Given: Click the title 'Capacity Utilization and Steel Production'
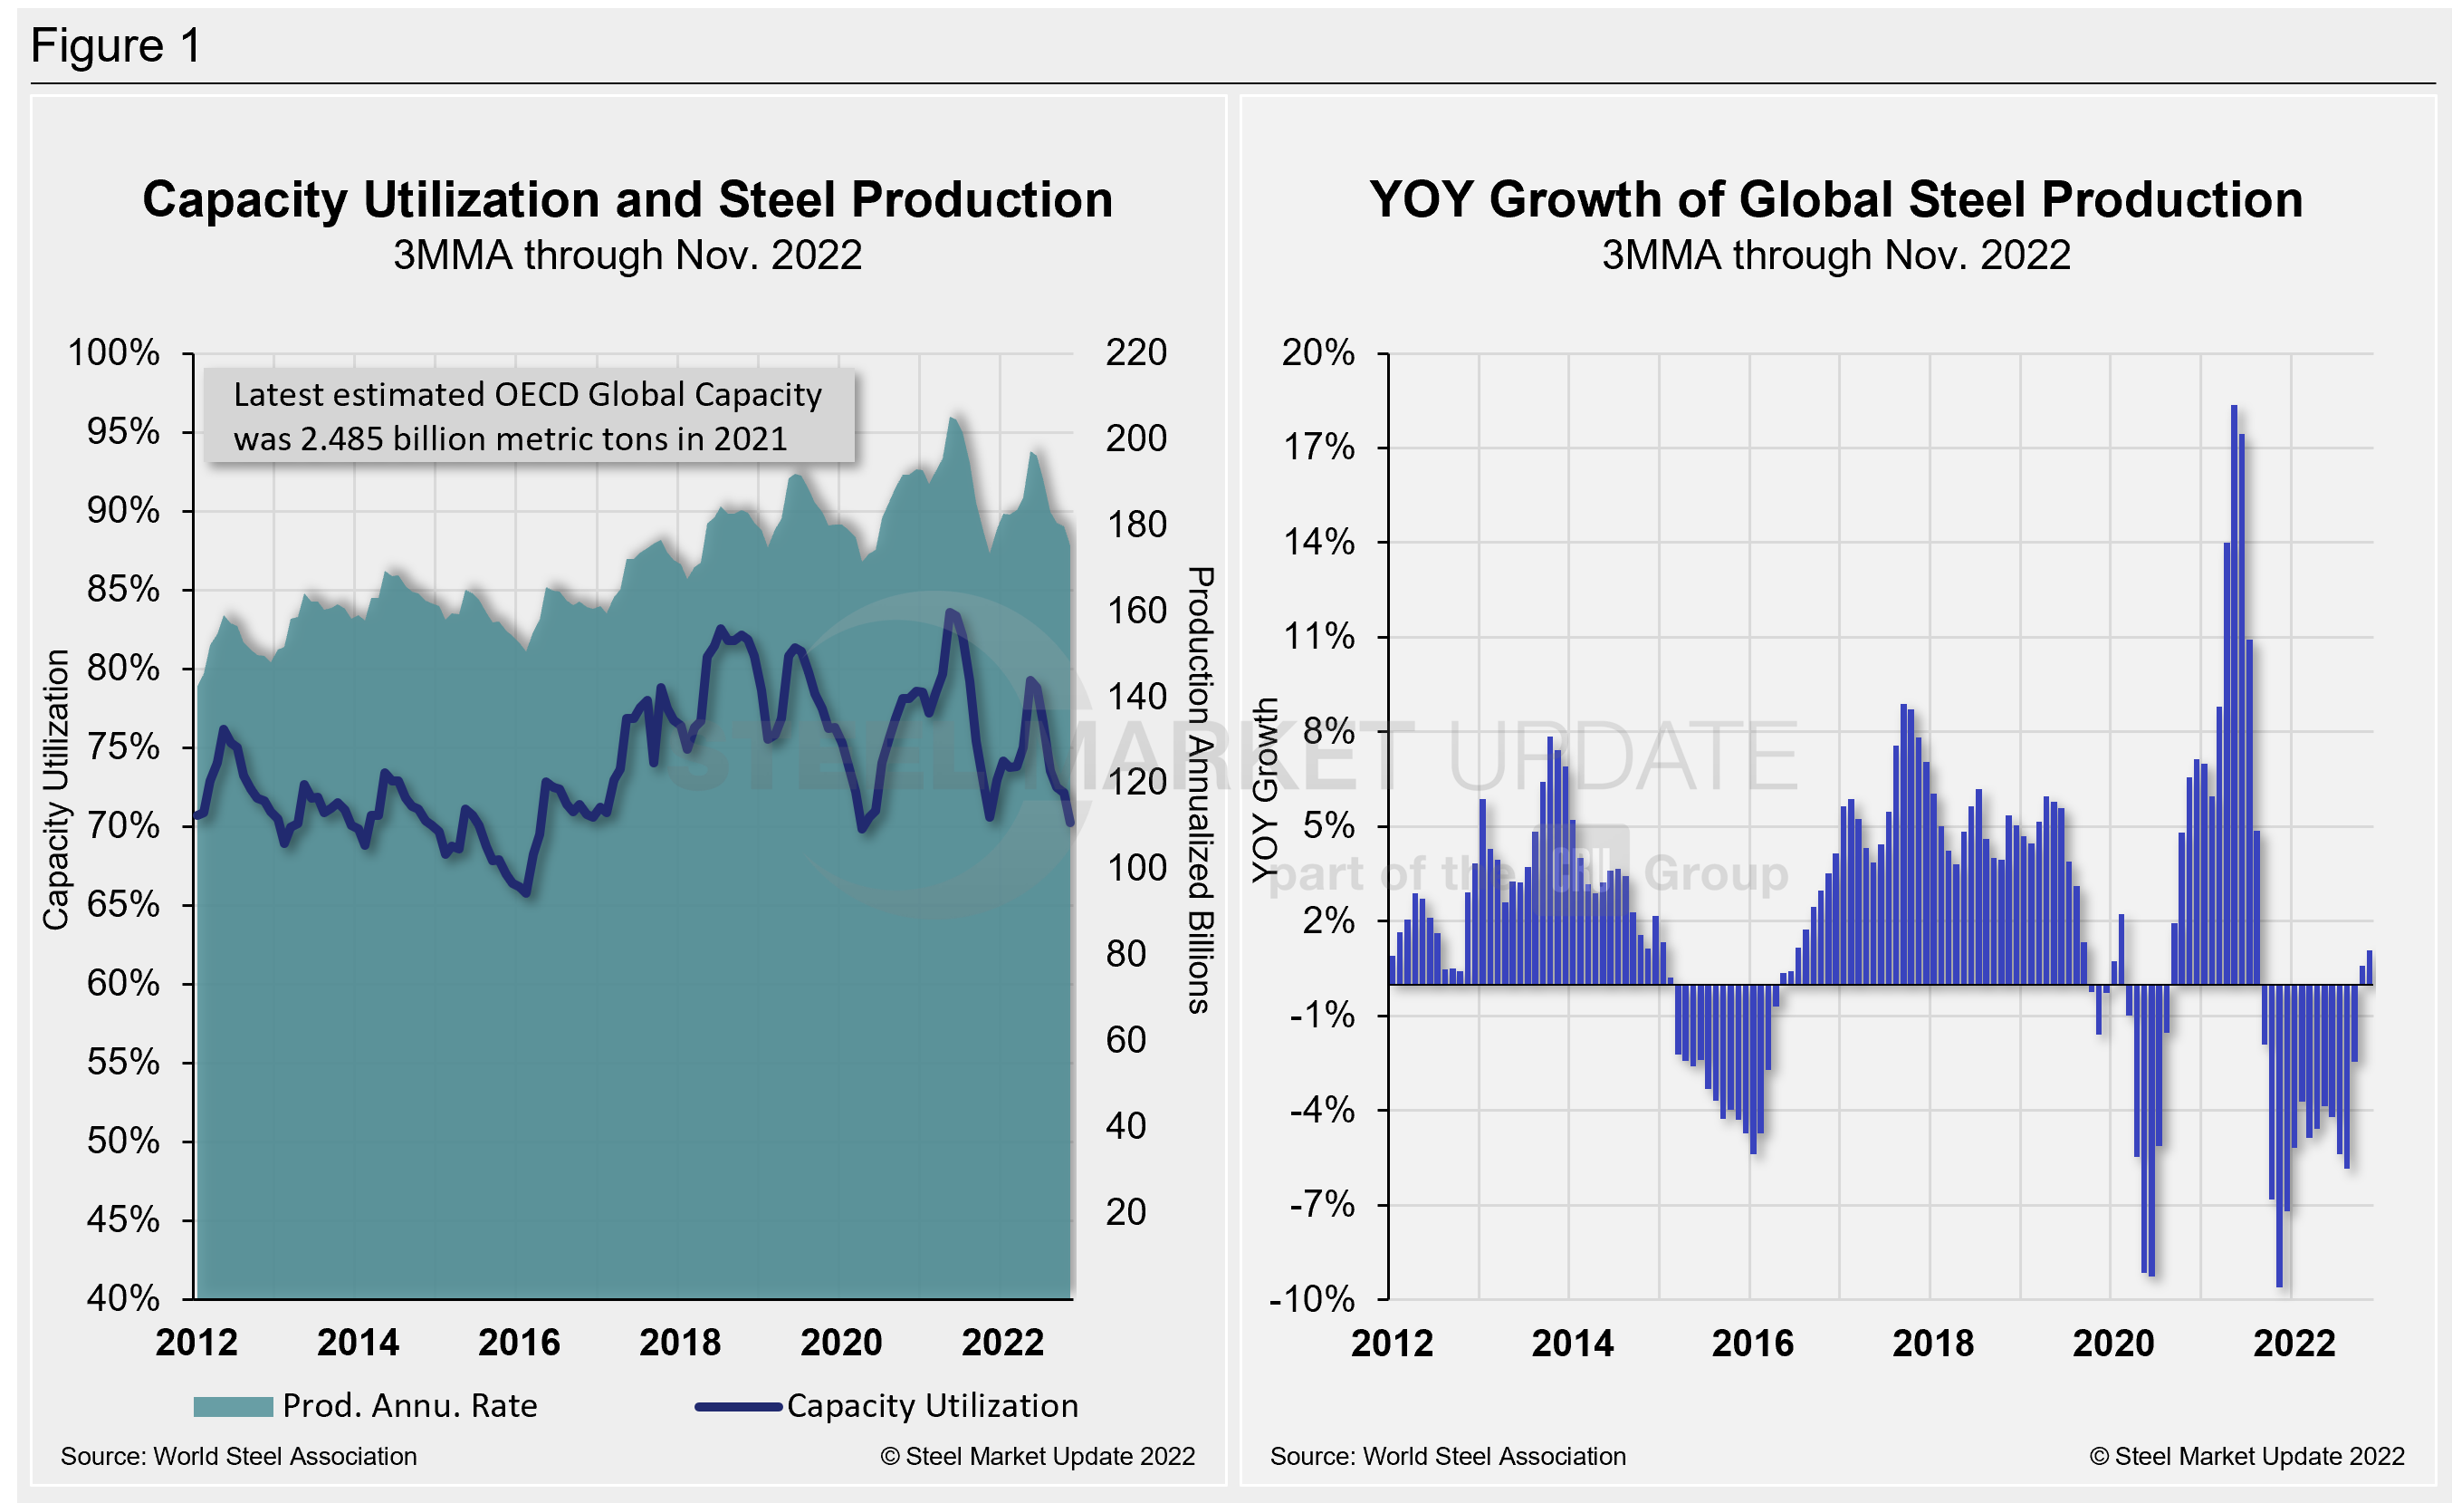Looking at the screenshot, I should coord(627,200).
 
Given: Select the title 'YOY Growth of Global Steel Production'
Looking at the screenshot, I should coord(1836,200).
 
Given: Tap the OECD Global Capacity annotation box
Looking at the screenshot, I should coord(529,416).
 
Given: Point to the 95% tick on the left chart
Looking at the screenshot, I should coord(123,431).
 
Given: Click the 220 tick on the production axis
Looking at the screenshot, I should coord(1135,352).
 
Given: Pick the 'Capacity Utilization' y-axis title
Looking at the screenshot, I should coord(56,789).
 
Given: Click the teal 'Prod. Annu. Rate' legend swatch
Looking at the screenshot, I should coord(233,1406).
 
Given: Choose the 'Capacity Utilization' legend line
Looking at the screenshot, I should coord(737,1406).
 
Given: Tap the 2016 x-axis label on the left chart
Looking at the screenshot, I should coord(519,1343).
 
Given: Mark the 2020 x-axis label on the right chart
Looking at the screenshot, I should coord(2112,1344).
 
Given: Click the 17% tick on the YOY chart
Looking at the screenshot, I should coord(1318,448).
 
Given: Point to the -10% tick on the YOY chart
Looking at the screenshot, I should coord(1312,1299).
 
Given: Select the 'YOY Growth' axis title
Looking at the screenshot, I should coord(1265,789).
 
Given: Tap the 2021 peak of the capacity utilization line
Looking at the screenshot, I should coord(951,612).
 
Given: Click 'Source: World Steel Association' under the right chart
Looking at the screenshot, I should coord(1448,1456).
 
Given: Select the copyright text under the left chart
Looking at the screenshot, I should coord(1037,1456).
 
